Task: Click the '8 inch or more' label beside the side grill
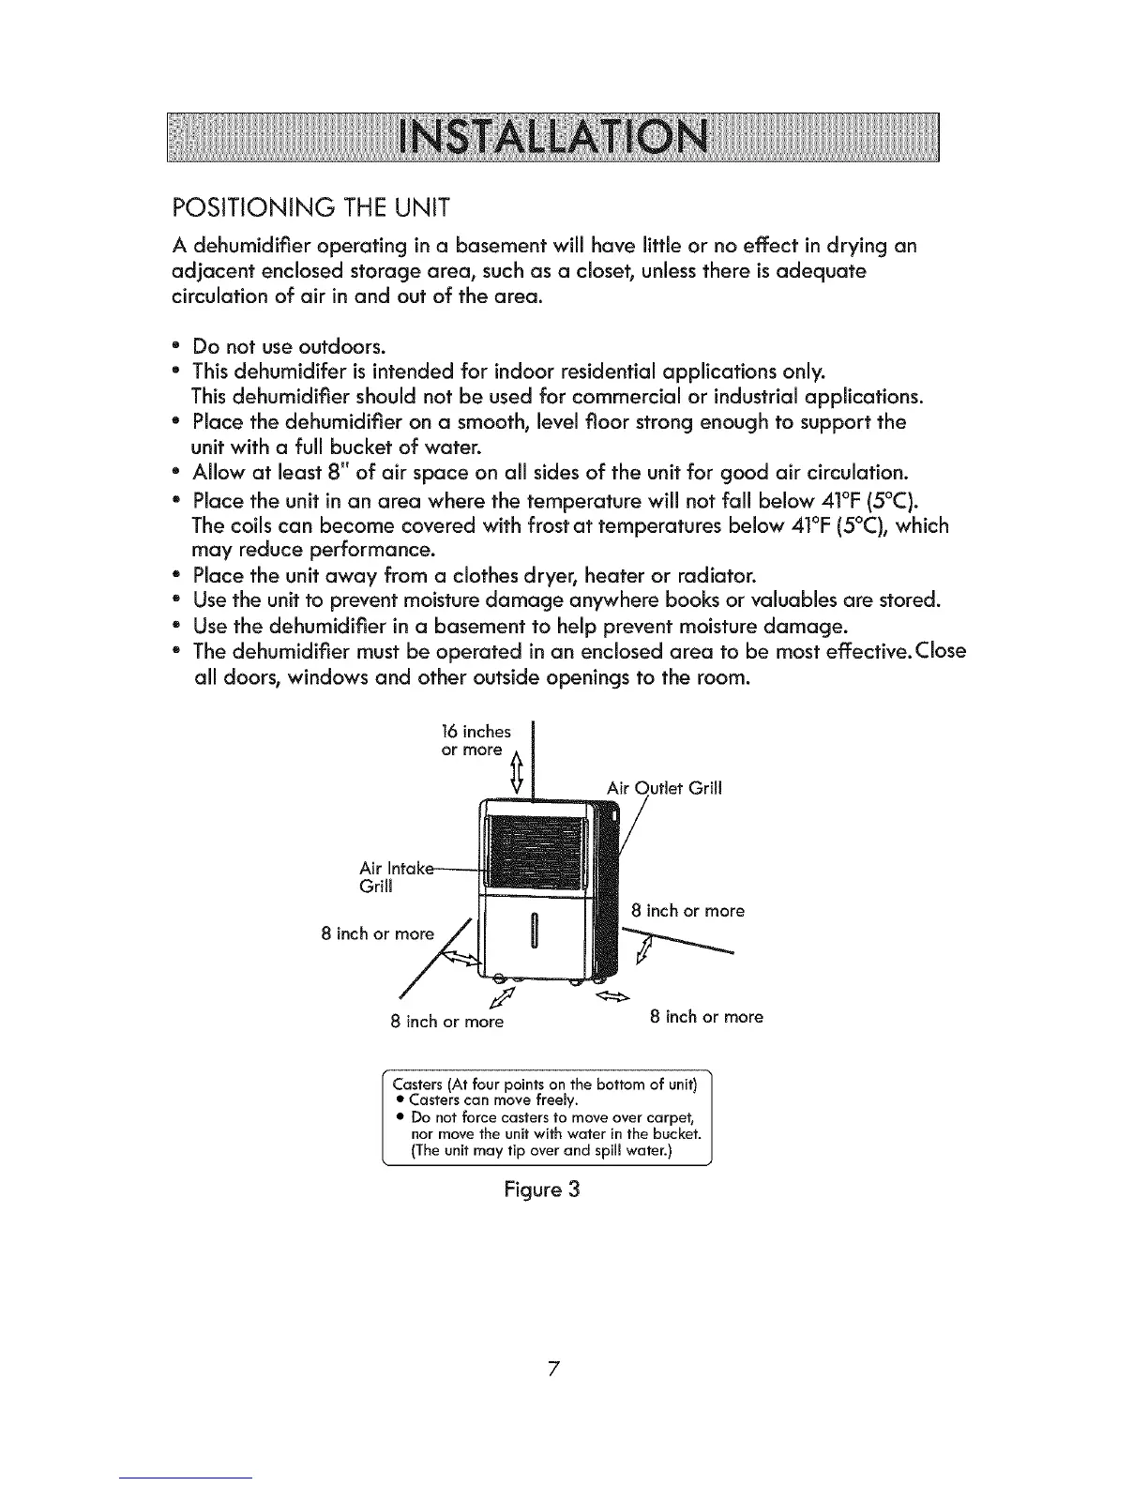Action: click(x=687, y=911)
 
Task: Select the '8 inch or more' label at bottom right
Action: click(x=706, y=1017)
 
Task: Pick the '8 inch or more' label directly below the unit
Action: click(x=446, y=1022)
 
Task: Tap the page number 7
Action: click(x=554, y=1369)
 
